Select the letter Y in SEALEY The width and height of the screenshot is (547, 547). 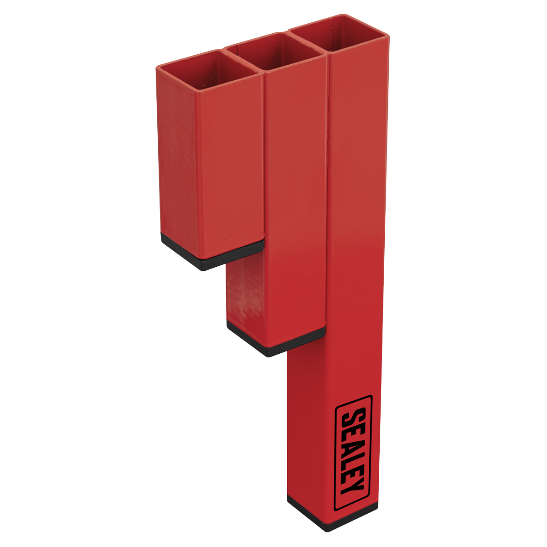[x=353, y=489]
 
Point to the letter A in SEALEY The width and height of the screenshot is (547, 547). [x=354, y=445]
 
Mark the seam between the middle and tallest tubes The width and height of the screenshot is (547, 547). [x=327, y=182]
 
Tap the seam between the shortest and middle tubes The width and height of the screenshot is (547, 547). [x=264, y=160]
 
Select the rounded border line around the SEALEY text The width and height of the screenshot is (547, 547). [x=336, y=451]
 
